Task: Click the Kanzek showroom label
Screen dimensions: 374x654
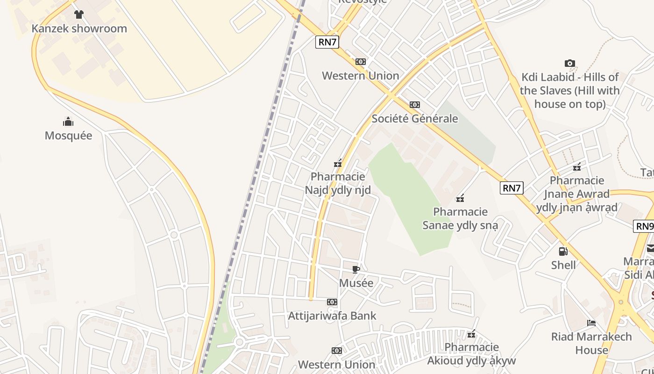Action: pyautogui.click(x=79, y=29)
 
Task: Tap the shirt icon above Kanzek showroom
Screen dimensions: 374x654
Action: pyautogui.click(x=79, y=14)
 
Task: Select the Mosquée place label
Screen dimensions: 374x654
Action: pyautogui.click(x=68, y=136)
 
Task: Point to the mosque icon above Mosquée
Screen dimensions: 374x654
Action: pyautogui.click(x=68, y=122)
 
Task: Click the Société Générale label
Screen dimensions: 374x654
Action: pyautogui.click(x=415, y=119)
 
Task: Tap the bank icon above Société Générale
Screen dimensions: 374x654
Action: pyautogui.click(x=415, y=105)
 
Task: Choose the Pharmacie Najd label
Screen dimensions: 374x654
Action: pyautogui.click(x=338, y=183)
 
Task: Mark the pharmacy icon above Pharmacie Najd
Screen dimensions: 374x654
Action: pyautogui.click(x=338, y=164)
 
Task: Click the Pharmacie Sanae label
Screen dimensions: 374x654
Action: pyautogui.click(x=460, y=218)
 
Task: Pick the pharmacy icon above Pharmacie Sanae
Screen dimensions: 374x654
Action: pyautogui.click(x=460, y=198)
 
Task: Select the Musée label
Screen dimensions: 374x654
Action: pyautogui.click(x=356, y=283)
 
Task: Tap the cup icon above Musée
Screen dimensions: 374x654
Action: pyautogui.click(x=356, y=269)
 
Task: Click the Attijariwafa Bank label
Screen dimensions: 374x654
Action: pyautogui.click(x=332, y=316)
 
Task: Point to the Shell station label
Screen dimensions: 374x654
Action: pyautogui.click(x=563, y=265)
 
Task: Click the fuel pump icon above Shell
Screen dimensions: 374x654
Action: pyautogui.click(x=563, y=252)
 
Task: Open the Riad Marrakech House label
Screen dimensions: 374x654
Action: pyautogui.click(x=591, y=343)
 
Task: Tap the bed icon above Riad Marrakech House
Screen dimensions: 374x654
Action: pyautogui.click(x=591, y=323)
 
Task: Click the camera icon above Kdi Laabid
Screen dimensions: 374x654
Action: pyautogui.click(x=570, y=63)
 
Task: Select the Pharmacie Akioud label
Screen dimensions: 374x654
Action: pyautogui.click(x=471, y=354)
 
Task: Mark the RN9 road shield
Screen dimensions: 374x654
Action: pyautogui.click(x=644, y=226)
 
